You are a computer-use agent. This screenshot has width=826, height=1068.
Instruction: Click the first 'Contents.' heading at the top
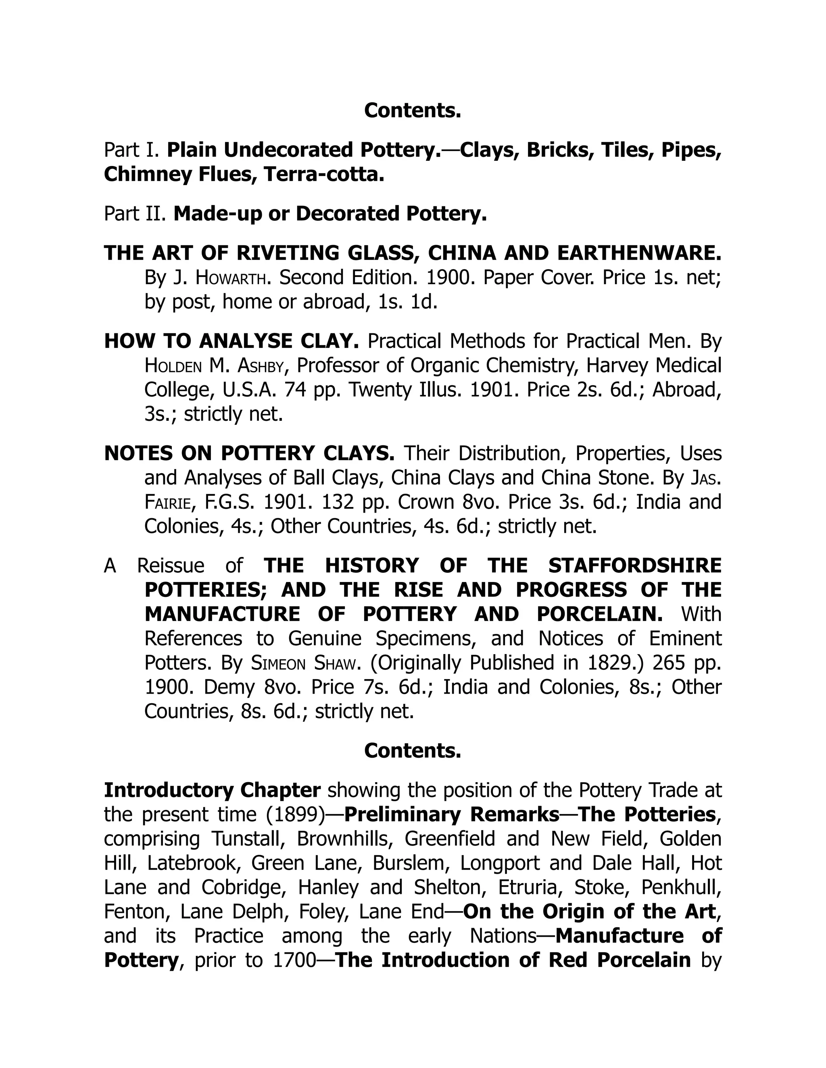pyautogui.click(x=413, y=110)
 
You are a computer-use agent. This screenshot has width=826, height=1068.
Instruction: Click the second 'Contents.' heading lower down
pyautogui.click(x=413, y=751)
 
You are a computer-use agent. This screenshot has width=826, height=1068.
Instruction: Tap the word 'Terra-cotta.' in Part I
pyautogui.click(x=323, y=175)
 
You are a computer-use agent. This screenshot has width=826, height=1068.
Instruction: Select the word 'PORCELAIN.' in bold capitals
pyautogui.click(x=600, y=614)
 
